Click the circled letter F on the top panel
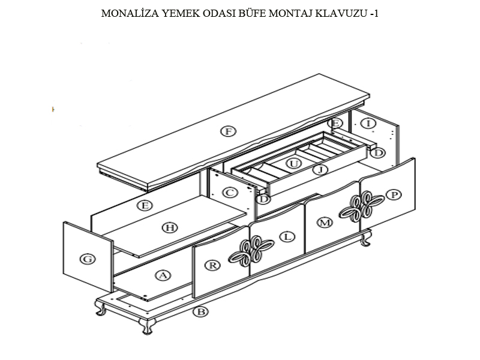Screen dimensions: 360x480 [x=227, y=131]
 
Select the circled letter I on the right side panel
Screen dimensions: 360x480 [x=370, y=124]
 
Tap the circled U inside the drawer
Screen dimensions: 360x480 [x=293, y=163]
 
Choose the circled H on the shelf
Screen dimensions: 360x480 [x=170, y=227]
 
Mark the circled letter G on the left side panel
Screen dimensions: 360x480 [x=88, y=259]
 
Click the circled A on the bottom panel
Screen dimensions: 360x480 [x=162, y=275]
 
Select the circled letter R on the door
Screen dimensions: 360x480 [x=212, y=265]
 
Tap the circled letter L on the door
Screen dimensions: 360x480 [x=288, y=236]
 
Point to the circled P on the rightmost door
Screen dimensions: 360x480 [x=394, y=194]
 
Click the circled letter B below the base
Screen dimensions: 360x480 [x=202, y=311]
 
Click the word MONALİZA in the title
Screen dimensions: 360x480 [x=126, y=13]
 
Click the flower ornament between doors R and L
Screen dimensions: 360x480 [x=250, y=251]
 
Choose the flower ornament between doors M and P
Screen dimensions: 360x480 [x=358, y=207]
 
